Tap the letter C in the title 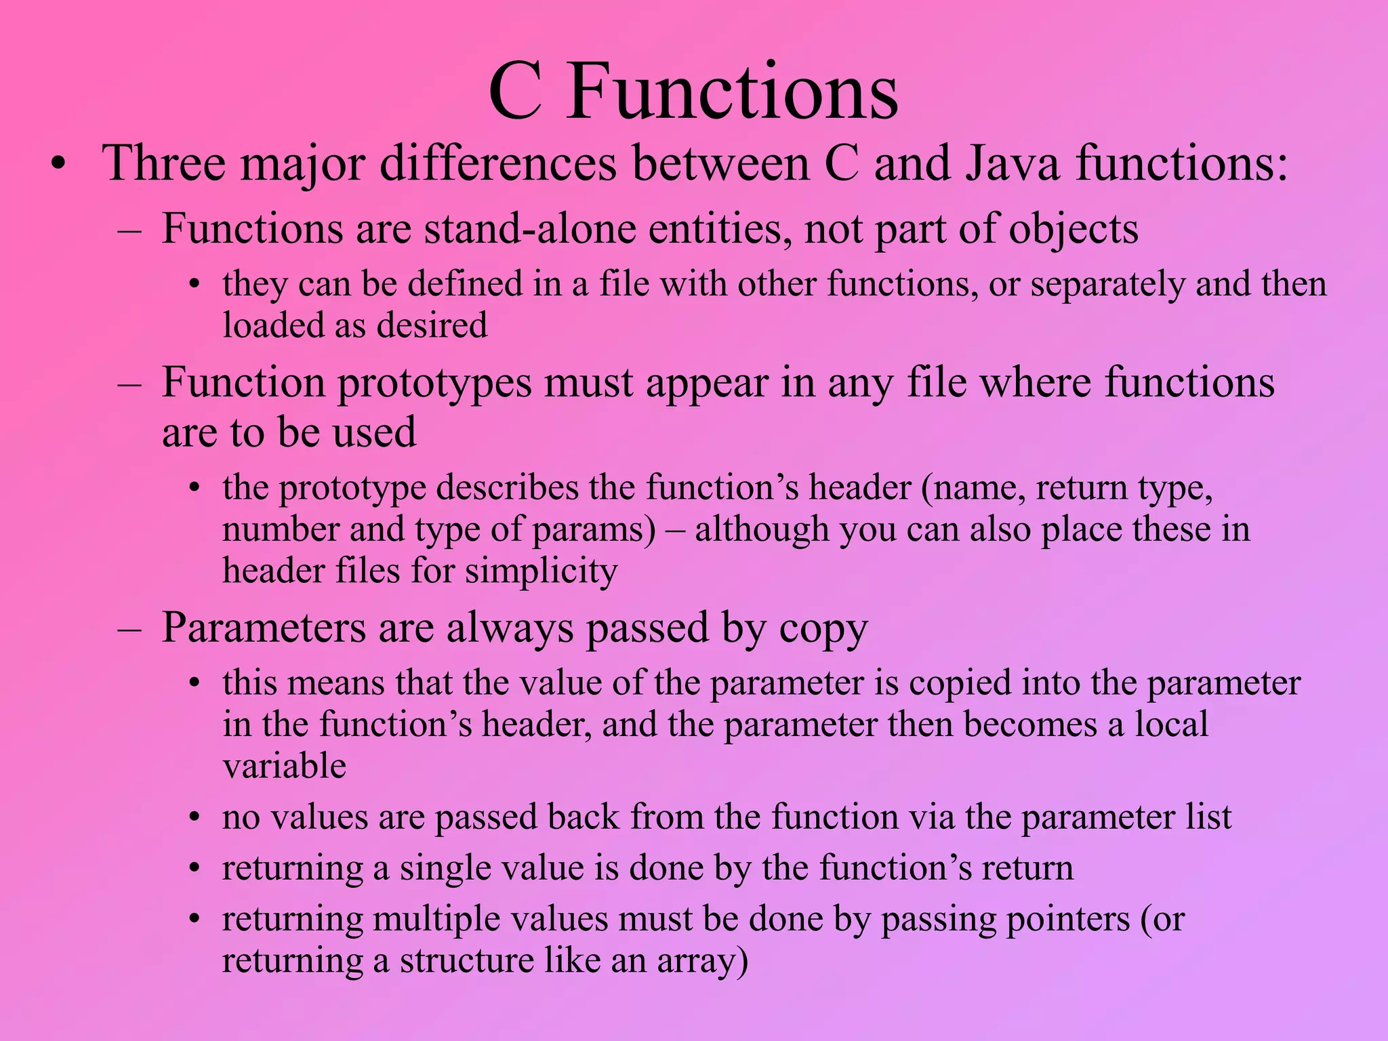point(515,91)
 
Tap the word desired point(432,325)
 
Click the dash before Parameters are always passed point(129,629)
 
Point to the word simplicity point(541,571)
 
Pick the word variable point(284,766)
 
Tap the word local point(1171,724)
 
